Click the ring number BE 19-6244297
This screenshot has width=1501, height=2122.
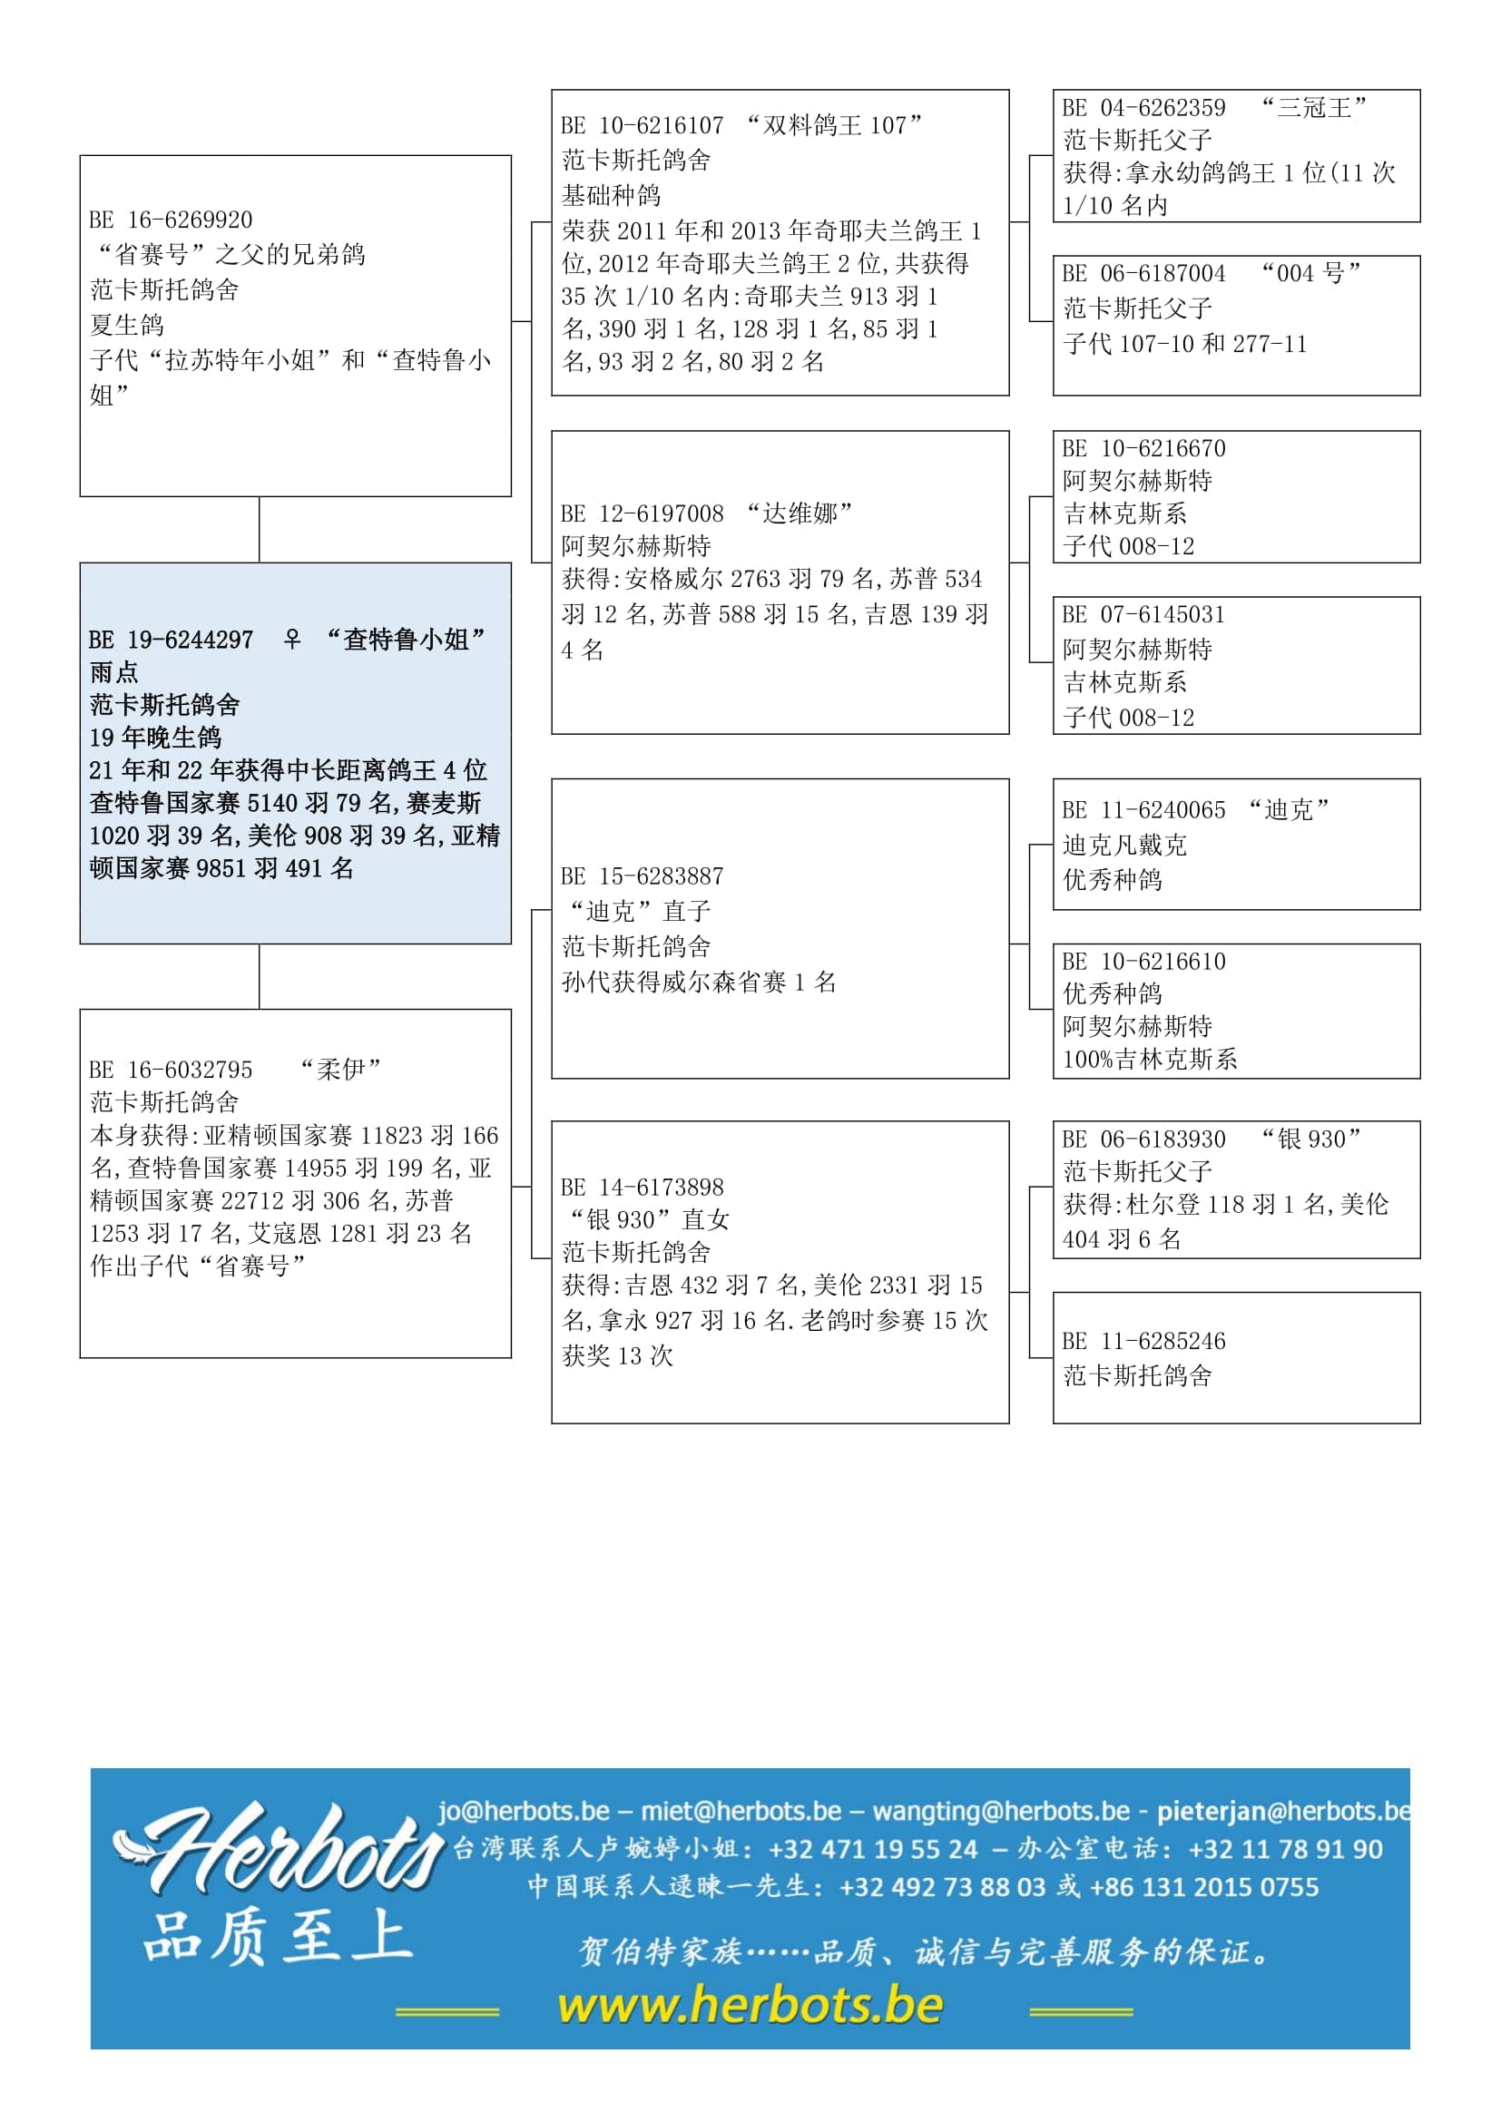coord(171,640)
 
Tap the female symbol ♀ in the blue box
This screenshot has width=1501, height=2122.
coord(291,639)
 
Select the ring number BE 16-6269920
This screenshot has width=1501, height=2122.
coord(171,220)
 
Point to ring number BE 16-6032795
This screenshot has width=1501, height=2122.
coord(171,1071)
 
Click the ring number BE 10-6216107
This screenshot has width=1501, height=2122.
coord(643,126)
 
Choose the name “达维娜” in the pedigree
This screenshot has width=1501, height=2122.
coord(800,513)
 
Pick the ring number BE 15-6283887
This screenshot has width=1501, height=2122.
coord(643,876)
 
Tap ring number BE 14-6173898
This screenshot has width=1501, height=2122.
coord(643,1188)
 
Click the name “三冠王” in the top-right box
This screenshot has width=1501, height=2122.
coord(1314,108)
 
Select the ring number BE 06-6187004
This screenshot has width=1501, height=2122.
coord(1144,274)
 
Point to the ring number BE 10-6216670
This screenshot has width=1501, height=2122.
coord(1144,449)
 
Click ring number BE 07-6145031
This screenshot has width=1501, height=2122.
coord(1144,615)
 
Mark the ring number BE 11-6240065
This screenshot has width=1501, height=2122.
coord(1144,810)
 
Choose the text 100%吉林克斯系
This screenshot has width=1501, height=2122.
coord(1150,1059)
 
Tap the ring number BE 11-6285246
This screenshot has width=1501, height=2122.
coord(1144,1341)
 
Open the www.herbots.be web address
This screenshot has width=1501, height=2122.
coord(750,2006)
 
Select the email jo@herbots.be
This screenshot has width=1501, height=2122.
coord(524,1811)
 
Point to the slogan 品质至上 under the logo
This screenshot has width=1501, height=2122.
coord(278,1937)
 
